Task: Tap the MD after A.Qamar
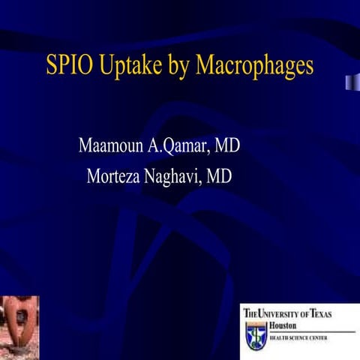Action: click(x=227, y=145)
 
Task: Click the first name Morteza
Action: click(x=119, y=177)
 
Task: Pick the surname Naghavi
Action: click(x=179, y=178)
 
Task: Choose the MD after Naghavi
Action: click(x=219, y=177)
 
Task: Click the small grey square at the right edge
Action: click(x=350, y=81)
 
